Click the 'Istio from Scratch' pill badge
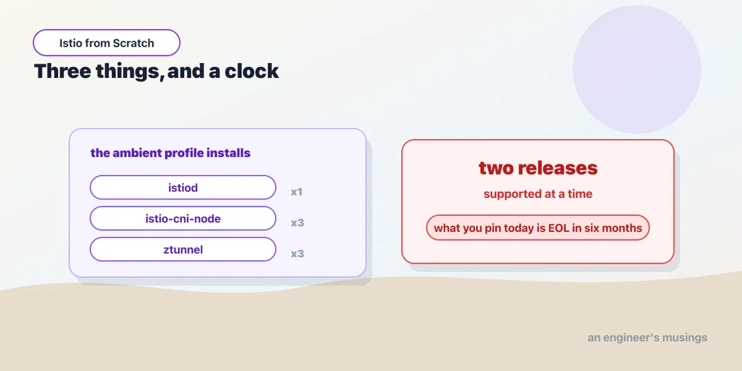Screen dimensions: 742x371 tap(106, 43)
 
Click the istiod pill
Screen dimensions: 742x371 tap(183, 188)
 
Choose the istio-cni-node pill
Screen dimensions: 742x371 tap(183, 219)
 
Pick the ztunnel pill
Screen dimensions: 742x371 tap(183, 250)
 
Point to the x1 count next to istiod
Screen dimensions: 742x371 tap(297, 192)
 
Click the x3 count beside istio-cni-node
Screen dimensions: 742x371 tap(298, 223)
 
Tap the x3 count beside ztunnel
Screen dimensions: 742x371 tap(298, 254)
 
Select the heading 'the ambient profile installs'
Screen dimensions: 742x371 tap(170, 153)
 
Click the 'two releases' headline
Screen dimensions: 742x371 tap(538, 168)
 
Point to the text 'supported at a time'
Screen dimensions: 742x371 tap(538, 194)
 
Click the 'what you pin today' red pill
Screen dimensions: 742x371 tap(538, 228)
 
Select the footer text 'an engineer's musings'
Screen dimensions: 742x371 tap(647, 338)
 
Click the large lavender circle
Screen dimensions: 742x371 tap(637, 69)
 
